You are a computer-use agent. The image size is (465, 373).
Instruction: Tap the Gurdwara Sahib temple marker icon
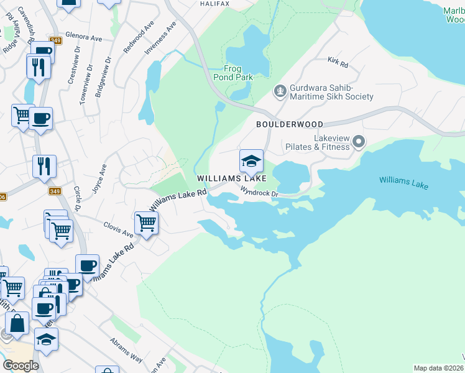click(280, 91)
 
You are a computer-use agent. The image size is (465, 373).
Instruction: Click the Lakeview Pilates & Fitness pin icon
click(358, 142)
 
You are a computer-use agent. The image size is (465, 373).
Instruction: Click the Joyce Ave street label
click(100, 179)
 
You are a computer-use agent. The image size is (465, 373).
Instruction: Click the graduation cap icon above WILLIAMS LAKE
click(251, 161)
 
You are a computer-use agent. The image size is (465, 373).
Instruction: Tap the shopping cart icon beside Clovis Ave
click(145, 223)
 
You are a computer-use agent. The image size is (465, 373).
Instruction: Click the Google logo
click(21, 366)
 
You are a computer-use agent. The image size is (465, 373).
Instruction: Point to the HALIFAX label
click(215, 3)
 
